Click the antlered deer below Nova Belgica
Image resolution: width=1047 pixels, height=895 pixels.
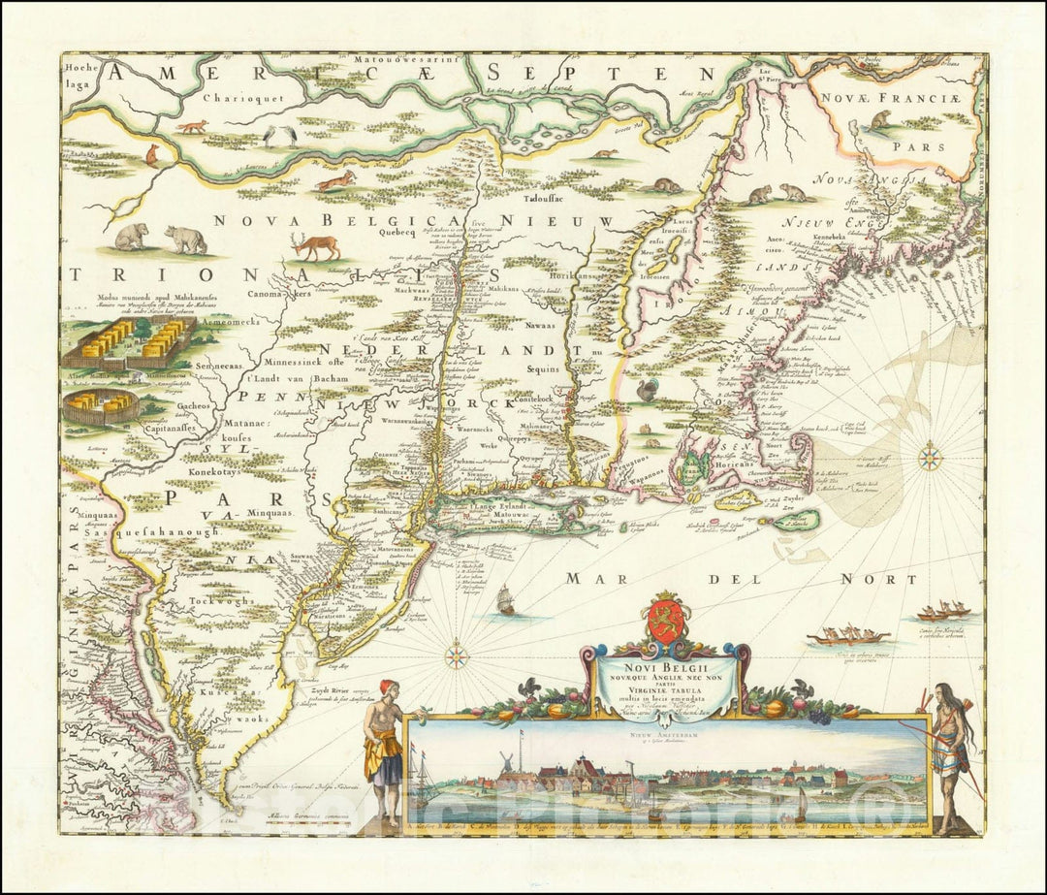(x=317, y=245)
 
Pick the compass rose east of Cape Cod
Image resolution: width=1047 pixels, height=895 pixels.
(x=930, y=456)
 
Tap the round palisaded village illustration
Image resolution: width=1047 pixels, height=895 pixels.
(x=100, y=406)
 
